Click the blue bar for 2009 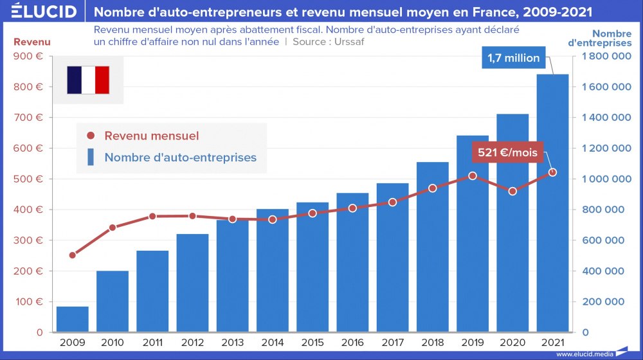coord(72,319)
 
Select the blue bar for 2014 coord(273,271)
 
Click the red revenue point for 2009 coord(72,255)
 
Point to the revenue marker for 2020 coord(512,191)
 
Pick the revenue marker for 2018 coord(433,188)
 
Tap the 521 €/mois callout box coord(507,153)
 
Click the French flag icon coord(88,80)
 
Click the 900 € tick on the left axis coord(30,57)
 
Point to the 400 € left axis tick coord(30,210)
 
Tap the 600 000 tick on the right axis coord(606,240)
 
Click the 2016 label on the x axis coord(352,343)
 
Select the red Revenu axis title coord(32,42)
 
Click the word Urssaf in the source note coord(350,42)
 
